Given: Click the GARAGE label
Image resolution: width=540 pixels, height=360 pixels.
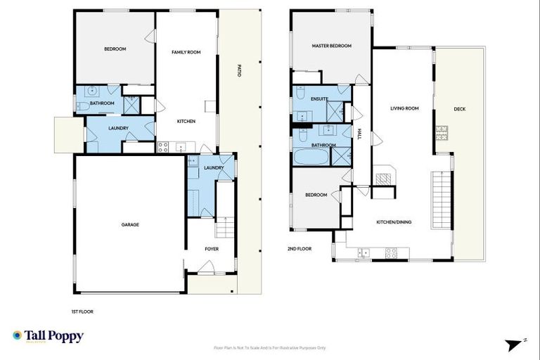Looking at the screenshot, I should coord(130,225).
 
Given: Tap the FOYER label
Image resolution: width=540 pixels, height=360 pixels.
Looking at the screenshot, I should coord(212,249).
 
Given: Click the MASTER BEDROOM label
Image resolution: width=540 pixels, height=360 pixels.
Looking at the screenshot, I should coord(331,46).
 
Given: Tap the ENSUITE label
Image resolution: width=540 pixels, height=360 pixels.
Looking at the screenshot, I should coord(319,99).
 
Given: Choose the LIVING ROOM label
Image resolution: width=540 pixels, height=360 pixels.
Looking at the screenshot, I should coord(404,108).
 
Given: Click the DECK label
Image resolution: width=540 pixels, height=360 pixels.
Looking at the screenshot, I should coord(459,109).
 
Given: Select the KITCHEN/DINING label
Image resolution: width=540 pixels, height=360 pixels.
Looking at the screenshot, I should coord(394,222).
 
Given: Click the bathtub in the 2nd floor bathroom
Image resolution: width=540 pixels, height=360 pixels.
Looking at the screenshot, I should coord(309,156).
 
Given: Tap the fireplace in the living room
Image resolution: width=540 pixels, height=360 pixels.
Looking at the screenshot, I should coord(385,176).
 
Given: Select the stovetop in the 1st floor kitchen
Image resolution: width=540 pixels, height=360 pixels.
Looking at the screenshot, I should coord(162,148).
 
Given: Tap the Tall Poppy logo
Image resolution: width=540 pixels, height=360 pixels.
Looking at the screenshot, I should coord(48,336).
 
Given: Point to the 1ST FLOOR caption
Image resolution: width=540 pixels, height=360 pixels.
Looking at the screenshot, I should coord(82,311).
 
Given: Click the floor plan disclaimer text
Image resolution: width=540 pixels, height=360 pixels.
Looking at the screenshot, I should coord(269,347).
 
